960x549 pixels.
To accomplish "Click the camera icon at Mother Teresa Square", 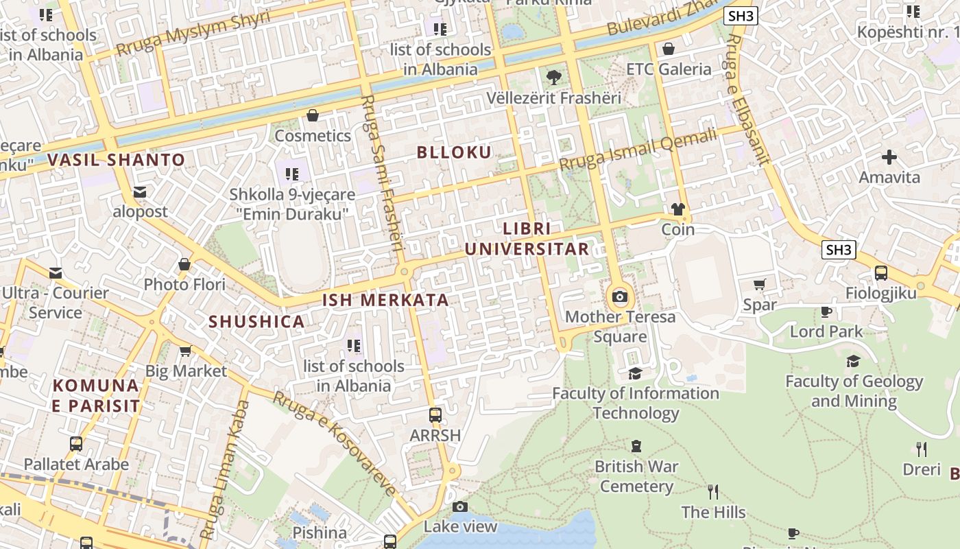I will [620, 296].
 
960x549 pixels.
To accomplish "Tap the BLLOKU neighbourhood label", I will [454, 152].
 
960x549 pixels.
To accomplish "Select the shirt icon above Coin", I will [678, 209].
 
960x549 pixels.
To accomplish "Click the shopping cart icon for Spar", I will [759, 284].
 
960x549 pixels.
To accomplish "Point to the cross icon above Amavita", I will [889, 157].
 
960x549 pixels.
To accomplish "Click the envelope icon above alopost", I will [140, 192].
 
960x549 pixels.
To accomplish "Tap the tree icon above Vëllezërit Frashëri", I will [553, 78].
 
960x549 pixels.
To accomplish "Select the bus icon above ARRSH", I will [435, 415].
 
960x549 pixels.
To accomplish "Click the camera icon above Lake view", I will [460, 507].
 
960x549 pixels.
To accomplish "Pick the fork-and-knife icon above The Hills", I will [713, 492].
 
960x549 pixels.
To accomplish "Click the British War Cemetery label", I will [636, 476].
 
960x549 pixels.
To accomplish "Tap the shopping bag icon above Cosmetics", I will [313, 115].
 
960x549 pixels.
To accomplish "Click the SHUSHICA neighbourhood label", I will [256, 322].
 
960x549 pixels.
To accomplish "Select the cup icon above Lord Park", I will [826, 312].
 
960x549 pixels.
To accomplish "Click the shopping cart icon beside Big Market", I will [184, 351].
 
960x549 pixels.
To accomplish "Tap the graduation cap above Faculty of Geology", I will [853, 361].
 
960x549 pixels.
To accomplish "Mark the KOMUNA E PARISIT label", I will [96, 395].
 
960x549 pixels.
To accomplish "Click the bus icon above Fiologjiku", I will [881, 273].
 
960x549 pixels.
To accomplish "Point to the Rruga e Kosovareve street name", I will [334, 443].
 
